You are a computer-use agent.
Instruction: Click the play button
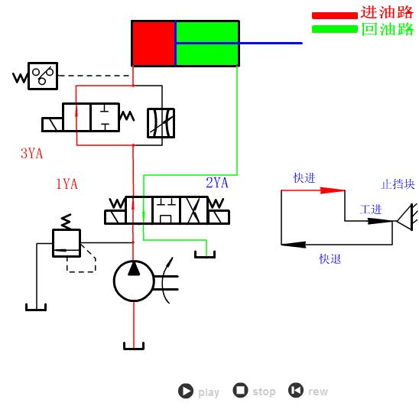[x=186, y=391]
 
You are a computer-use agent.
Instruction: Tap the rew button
[x=296, y=391]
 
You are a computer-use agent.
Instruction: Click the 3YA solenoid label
[x=31, y=154]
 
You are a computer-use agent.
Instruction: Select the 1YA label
[x=67, y=184]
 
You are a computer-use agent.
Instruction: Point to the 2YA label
[x=217, y=183]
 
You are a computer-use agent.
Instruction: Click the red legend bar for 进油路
[x=334, y=15]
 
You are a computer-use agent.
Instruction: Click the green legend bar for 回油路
[x=334, y=29]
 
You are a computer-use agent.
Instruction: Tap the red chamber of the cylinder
[x=154, y=44]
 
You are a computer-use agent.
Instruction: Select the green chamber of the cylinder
[x=207, y=44]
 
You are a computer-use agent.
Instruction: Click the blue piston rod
[x=271, y=44]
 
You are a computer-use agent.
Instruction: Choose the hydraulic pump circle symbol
[x=134, y=281]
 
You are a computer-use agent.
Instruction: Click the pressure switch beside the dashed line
[x=43, y=76]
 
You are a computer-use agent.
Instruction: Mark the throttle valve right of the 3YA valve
[x=161, y=123]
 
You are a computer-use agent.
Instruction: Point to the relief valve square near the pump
[x=66, y=242]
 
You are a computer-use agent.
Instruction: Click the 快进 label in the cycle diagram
[x=304, y=178]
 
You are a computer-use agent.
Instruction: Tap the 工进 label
[x=371, y=209]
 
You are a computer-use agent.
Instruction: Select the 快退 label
[x=330, y=259]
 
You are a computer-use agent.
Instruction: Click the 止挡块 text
[x=398, y=184]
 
